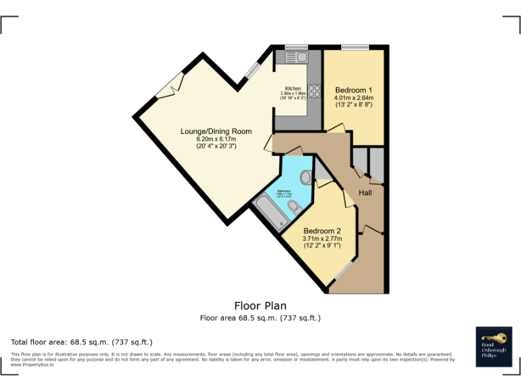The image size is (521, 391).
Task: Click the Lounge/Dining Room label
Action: click(216, 131)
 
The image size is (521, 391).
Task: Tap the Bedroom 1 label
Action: click(353, 90)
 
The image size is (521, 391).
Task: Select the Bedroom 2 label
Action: click(322, 230)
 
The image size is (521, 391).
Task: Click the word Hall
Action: click(366, 193)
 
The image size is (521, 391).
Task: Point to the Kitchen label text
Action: click(292, 89)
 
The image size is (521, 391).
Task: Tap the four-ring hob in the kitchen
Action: click(314, 92)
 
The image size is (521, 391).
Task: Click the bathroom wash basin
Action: click(305, 178)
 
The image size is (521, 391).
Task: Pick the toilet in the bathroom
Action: click(294, 206)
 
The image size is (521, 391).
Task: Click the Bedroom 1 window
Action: click(355, 47)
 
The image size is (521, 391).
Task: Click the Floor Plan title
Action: click(260, 305)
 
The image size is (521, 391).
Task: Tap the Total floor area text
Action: click(82, 341)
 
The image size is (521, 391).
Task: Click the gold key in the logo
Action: click(494, 337)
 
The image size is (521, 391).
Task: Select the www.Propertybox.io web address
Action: click(32, 365)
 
